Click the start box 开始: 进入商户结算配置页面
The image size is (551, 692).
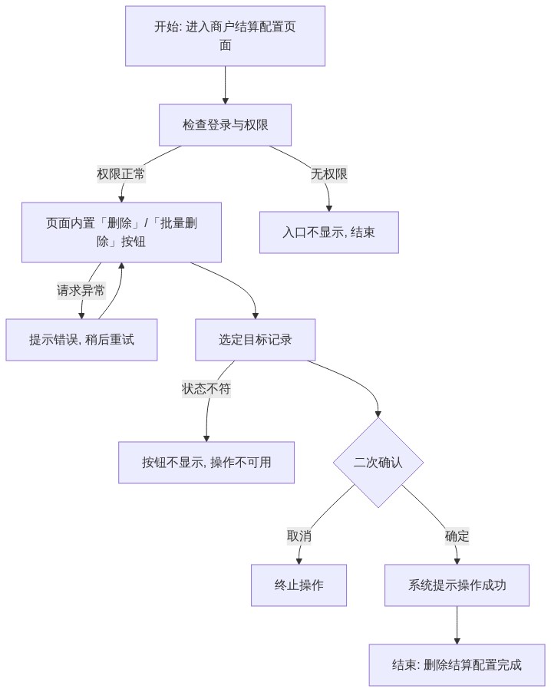pyautogui.click(x=225, y=36)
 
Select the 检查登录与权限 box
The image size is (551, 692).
pyautogui.click(x=225, y=125)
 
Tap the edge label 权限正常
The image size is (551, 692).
pyautogui.click(x=121, y=174)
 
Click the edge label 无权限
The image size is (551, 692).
pyautogui.click(x=329, y=174)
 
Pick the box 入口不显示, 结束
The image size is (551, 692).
pyautogui.click(x=329, y=232)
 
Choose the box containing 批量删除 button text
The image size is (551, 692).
pyautogui.click(x=121, y=232)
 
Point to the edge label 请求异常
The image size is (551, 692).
pyautogui.click(x=81, y=291)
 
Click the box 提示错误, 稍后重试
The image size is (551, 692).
pyautogui.click(x=81, y=340)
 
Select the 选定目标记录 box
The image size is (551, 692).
pyautogui.click(x=256, y=340)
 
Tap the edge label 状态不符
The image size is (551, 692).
pyautogui.click(x=206, y=389)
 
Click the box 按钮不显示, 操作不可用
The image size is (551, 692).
pyautogui.click(x=206, y=463)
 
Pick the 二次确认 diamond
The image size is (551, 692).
pyautogui.click(x=378, y=463)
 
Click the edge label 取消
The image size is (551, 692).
pyautogui.click(x=299, y=536)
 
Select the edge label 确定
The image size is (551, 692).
pyautogui.click(x=457, y=536)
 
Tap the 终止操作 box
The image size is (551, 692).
pyautogui.click(x=299, y=585)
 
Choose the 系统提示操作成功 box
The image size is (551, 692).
pyautogui.click(x=457, y=585)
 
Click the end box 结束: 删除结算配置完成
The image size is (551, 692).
pyautogui.click(x=457, y=665)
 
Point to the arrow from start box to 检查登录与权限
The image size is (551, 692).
pyautogui.click(x=225, y=86)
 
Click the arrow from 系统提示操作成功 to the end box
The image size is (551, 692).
pyautogui.click(x=457, y=625)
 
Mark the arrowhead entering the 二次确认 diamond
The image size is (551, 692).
pyautogui.click(x=378, y=414)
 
